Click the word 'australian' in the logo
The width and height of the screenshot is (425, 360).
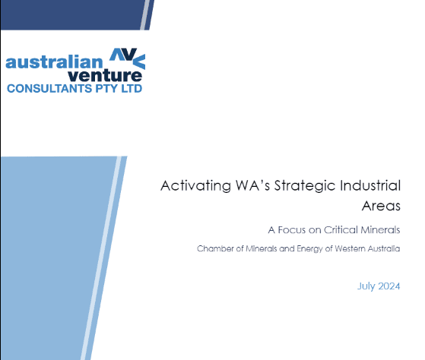pyautogui.click(x=54, y=62)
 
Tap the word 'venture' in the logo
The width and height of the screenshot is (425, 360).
pyautogui.click(x=105, y=75)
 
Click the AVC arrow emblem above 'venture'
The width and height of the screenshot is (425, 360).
pyautogui.click(x=128, y=58)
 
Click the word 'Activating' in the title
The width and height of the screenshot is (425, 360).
pyautogui.click(x=195, y=186)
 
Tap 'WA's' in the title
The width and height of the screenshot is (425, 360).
pyautogui.click(x=252, y=185)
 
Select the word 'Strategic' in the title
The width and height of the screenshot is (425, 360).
pyautogui.click(x=305, y=186)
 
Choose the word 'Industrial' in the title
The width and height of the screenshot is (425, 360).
pyautogui.click(x=370, y=185)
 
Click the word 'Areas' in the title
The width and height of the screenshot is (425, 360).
pyautogui.click(x=381, y=206)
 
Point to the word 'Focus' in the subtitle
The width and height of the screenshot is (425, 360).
pyautogui.click(x=292, y=230)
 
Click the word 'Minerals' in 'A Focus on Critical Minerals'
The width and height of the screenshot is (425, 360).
pyautogui.click(x=381, y=230)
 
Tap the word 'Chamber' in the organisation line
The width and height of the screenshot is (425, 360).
pyautogui.click(x=215, y=248)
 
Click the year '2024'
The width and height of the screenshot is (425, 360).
pyautogui.click(x=389, y=286)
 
